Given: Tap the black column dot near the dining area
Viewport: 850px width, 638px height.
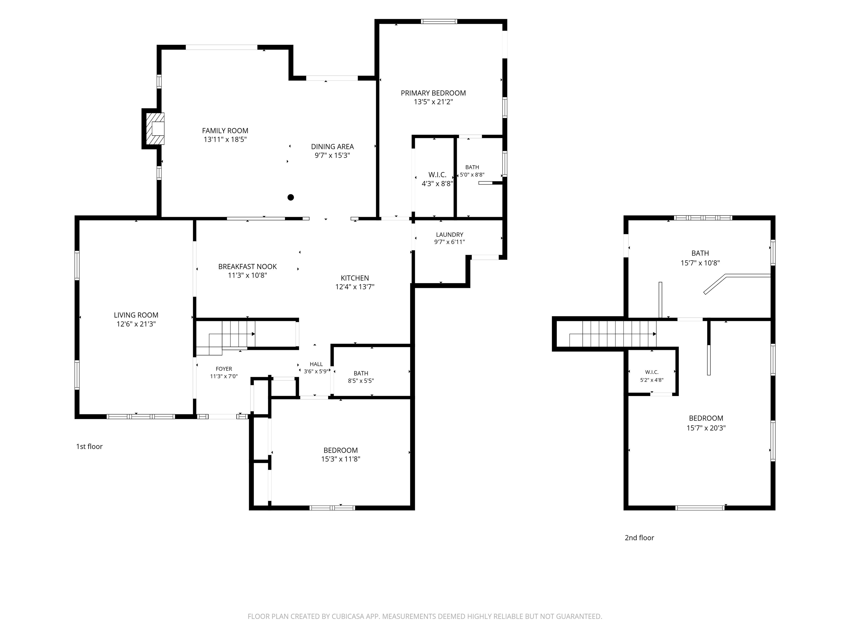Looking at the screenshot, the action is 291,197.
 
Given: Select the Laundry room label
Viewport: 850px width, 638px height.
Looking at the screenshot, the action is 450,235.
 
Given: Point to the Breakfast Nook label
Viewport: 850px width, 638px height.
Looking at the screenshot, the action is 247,266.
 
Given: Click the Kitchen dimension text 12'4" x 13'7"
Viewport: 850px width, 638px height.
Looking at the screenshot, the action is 355,287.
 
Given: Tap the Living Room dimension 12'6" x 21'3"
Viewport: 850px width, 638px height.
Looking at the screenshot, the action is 136,324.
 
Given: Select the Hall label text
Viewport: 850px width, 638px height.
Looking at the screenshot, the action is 316,364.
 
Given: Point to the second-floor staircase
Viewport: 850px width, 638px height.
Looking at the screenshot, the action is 613,334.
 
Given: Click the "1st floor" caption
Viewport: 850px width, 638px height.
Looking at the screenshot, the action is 89,446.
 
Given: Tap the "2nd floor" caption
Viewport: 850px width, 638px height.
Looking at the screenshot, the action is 639,538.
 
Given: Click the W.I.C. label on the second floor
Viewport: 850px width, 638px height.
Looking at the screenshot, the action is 652,372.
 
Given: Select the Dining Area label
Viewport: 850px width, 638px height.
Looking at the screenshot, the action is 332,146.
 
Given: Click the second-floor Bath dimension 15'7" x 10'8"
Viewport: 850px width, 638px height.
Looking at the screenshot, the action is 700,263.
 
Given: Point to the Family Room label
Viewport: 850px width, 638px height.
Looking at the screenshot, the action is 225,131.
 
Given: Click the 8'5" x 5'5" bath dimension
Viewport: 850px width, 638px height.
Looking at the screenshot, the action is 361,381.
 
